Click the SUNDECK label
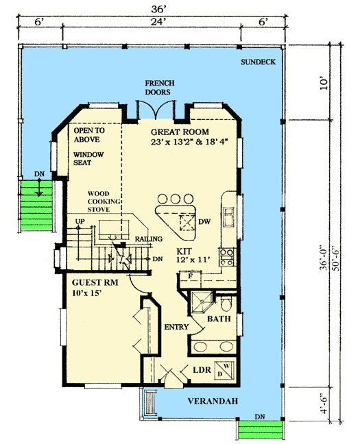click(x=259, y=63)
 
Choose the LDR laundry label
click(x=200, y=370)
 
